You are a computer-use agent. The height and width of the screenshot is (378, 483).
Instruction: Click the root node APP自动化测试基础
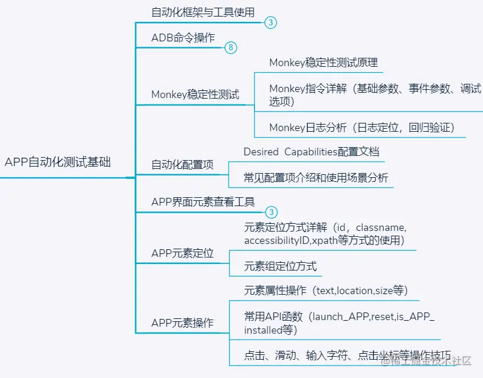pos(57,162)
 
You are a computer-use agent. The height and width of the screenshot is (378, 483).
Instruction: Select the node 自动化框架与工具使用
pos(203,12)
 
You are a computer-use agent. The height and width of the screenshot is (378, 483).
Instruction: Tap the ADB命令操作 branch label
pos(183,38)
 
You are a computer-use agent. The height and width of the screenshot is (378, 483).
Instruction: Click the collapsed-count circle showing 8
pos(231,48)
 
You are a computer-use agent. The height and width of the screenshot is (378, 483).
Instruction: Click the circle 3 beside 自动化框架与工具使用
pos(270,23)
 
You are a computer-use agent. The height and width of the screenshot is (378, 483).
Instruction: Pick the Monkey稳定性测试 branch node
pos(195,94)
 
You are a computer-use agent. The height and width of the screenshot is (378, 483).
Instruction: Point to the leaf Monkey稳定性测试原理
pos(323,62)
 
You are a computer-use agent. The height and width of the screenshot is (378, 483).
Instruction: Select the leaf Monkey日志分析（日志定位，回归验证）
pos(361,127)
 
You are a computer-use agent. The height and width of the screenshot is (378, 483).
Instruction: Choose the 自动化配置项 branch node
pos(182,165)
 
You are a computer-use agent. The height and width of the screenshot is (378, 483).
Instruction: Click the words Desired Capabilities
pos(290,152)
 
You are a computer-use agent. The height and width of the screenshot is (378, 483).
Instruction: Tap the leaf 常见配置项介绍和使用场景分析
pos(316,177)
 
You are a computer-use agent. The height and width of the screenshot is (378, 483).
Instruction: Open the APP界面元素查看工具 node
pos(203,202)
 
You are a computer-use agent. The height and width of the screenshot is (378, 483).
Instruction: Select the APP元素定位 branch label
pos(182,253)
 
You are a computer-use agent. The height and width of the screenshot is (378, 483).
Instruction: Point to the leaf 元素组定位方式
pos(280,266)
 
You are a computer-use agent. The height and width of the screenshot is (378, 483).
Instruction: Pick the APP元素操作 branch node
pos(182,323)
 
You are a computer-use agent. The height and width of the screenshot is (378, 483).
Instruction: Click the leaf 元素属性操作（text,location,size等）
pos(326,291)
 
